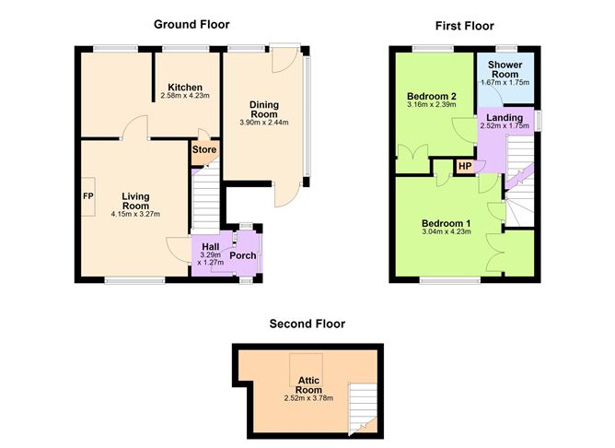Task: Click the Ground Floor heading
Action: pos(191,24)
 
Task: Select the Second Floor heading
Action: pos(307,324)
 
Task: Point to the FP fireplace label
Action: pos(88,196)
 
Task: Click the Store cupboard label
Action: pos(204,150)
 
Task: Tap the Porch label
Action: pos(243,255)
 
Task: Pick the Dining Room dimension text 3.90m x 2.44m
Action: pos(264,123)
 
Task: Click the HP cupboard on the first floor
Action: pos(465,167)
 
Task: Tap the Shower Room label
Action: pos(505,69)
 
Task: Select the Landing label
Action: pos(505,118)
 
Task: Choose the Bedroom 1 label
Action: pos(446,224)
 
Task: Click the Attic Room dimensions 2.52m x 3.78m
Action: pos(309,399)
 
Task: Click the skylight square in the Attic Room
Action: pos(307,370)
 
